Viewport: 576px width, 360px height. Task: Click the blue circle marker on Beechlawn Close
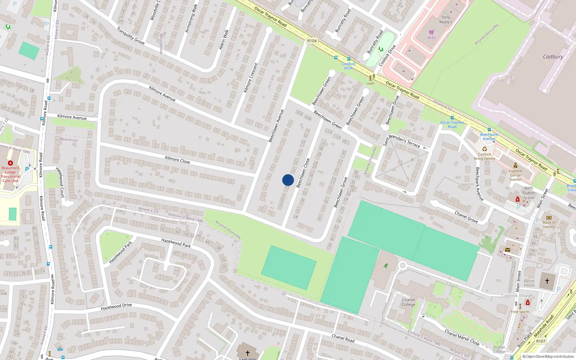pos(288,180)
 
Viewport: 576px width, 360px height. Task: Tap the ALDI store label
pos(432,37)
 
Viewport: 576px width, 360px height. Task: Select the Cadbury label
pos(553,57)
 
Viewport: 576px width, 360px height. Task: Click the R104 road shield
pos(312,41)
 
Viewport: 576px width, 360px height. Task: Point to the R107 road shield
pos(541,341)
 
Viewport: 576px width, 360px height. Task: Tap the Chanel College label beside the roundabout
pos(408,302)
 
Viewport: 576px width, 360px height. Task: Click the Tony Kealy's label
pos(446,19)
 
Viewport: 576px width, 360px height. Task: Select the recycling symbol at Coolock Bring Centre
pos(485,149)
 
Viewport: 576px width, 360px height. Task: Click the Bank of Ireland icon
pos(549,217)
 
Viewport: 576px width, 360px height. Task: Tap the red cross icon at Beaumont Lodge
pos(10,163)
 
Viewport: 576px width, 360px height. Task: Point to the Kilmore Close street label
pos(177,159)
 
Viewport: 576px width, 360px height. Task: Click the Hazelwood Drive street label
pos(116,307)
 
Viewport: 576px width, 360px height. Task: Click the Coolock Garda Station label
pos(515,175)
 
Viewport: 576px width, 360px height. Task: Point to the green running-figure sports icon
pos(386,266)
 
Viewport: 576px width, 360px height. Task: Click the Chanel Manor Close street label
pos(462,337)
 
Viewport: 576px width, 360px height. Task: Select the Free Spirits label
pos(520,312)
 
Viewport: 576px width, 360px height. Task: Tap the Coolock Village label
pos(517,296)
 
